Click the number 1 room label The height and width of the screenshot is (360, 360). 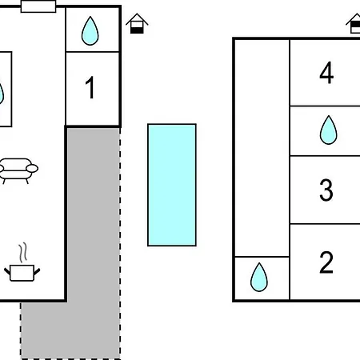(90, 87)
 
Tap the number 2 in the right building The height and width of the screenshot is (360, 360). (326, 262)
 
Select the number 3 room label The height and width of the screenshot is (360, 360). (326, 190)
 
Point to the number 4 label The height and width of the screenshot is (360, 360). (326, 72)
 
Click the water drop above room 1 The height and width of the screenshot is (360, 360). (90, 31)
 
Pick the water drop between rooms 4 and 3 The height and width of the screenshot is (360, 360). (328, 130)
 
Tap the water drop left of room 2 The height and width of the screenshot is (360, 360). (259, 278)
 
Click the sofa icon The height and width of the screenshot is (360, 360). (18, 171)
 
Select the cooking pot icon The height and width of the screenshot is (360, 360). (22, 273)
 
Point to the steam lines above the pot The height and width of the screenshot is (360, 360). (23, 252)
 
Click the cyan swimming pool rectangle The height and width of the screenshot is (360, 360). (172, 185)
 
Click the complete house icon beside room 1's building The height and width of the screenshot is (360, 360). (137, 23)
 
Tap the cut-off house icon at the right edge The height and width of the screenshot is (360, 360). (354, 23)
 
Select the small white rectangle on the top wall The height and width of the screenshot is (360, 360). (38, 6)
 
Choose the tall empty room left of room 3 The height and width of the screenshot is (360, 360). (262, 148)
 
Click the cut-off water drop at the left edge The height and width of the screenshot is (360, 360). (2, 93)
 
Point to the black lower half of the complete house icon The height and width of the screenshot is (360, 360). (137, 30)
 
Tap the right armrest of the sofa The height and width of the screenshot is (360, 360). (32, 169)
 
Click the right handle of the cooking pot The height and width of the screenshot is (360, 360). (37, 272)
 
